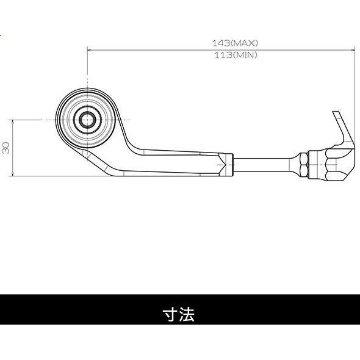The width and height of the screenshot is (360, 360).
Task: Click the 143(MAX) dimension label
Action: (x=235, y=43)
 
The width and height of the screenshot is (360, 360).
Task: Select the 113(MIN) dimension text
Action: (x=236, y=56)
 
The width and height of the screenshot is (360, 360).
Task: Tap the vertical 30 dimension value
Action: (x=5, y=148)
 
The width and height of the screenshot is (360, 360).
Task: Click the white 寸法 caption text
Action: (x=179, y=314)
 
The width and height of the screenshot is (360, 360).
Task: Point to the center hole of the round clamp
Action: (x=87, y=120)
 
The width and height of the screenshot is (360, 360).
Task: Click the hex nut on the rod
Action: (x=304, y=165)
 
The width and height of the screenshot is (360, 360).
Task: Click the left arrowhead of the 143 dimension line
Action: (x=90, y=50)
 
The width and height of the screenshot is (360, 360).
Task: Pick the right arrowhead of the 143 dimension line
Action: (x=353, y=50)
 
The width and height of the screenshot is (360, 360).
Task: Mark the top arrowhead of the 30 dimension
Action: (x=13, y=122)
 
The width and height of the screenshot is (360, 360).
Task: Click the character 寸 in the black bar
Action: (x=170, y=314)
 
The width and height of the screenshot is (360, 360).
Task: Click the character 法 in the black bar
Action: (x=187, y=314)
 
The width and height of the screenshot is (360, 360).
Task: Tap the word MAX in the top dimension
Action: (x=244, y=43)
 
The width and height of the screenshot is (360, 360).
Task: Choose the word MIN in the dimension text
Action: (x=245, y=56)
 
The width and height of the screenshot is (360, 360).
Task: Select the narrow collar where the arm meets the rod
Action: (x=230, y=165)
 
